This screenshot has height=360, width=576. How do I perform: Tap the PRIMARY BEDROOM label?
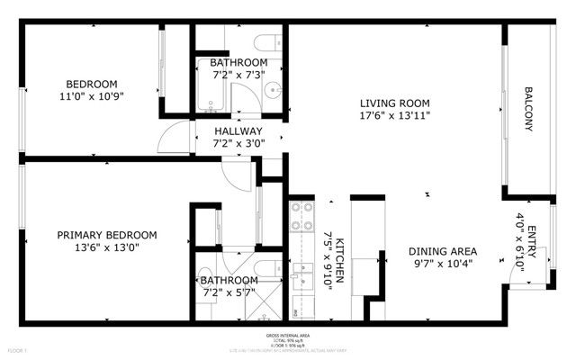[x=98, y=235]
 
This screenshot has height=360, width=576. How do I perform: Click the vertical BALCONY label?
[x=528, y=109]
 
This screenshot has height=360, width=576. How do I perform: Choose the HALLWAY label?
[x=238, y=131]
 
